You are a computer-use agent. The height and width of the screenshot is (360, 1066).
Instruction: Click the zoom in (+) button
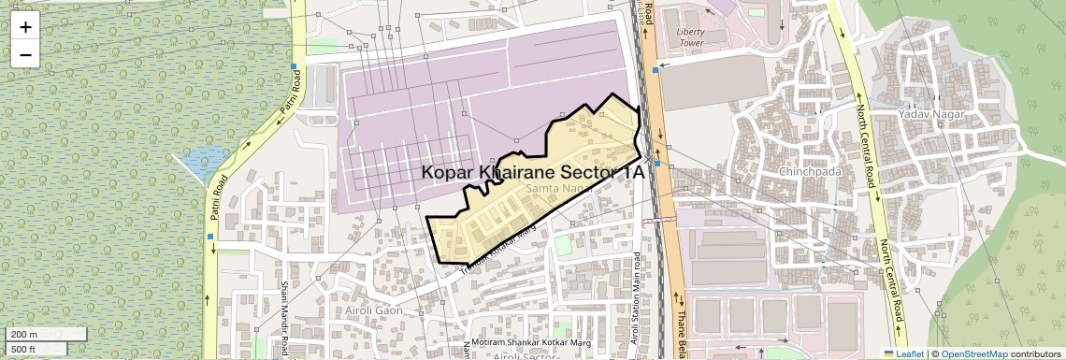(25, 27)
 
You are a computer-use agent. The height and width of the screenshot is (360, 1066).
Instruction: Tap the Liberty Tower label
(690, 37)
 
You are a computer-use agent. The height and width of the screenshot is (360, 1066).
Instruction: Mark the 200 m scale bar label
(25, 335)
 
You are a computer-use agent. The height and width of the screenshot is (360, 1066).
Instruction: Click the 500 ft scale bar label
(25, 350)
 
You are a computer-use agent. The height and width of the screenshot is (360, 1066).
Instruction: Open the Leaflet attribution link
(903, 353)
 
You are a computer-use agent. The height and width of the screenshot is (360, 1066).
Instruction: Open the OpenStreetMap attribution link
(974, 353)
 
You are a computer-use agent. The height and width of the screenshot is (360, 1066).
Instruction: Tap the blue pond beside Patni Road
(204, 165)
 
